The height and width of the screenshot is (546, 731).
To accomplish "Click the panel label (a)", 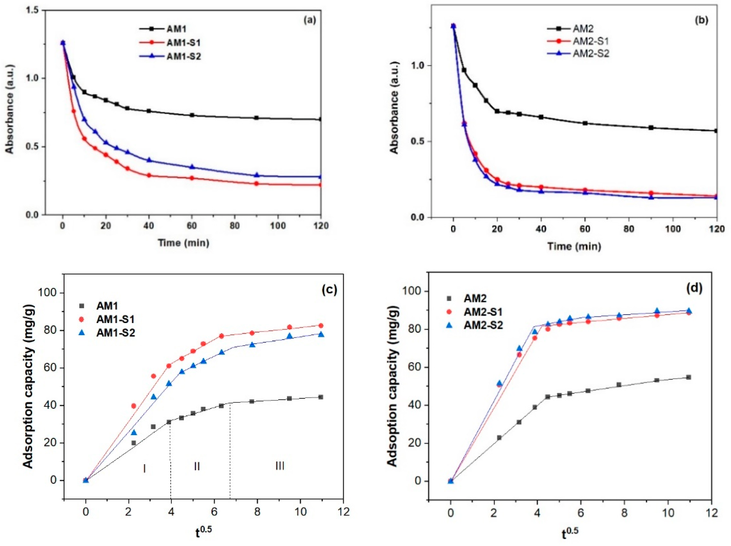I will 310,20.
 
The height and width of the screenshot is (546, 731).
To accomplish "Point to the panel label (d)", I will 694,288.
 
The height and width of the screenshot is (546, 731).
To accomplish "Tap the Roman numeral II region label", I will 197,466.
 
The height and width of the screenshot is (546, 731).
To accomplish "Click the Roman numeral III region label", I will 280,466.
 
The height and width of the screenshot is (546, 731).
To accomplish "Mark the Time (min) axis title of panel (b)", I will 574,246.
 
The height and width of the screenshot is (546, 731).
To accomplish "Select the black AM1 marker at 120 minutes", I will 320,120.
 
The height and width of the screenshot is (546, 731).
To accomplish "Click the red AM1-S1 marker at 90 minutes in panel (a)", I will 256,183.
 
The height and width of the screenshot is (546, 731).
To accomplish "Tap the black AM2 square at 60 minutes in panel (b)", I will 585,123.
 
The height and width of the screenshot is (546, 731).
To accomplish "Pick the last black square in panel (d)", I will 689,377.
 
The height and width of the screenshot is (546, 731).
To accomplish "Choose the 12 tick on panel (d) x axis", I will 711,513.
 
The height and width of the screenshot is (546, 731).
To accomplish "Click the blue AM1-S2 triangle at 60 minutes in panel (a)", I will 192,167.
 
